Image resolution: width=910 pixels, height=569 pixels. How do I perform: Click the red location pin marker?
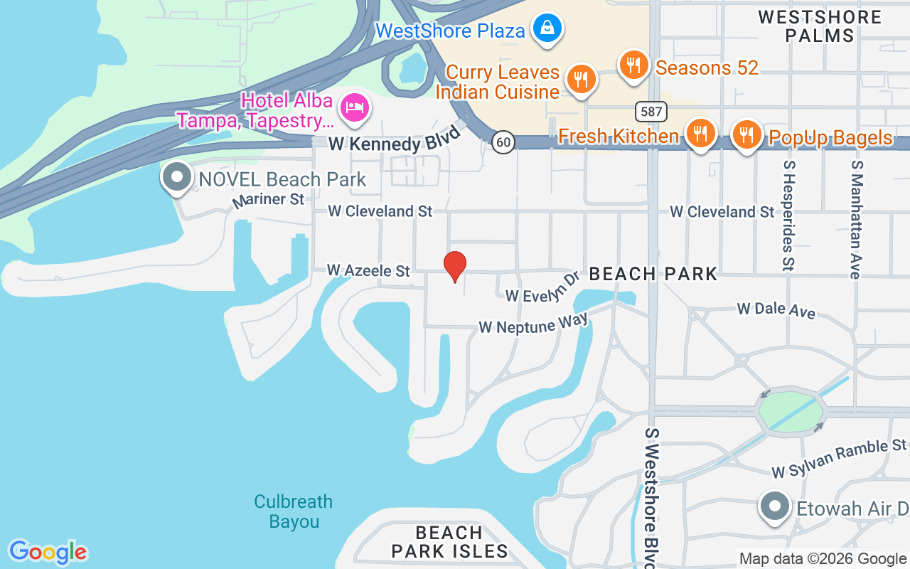[x=455, y=266]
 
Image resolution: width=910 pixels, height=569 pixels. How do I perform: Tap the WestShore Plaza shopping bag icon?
[x=547, y=28]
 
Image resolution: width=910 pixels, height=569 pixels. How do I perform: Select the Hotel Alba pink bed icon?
[x=353, y=107]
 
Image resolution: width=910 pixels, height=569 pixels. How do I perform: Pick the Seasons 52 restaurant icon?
[x=633, y=65]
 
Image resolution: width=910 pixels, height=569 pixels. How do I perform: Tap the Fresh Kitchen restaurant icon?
[x=700, y=133]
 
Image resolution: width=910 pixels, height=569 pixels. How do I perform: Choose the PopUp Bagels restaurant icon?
[x=746, y=133]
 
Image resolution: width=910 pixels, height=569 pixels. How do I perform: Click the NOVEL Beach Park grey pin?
[x=177, y=177]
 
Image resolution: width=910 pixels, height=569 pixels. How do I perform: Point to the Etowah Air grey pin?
[x=774, y=508]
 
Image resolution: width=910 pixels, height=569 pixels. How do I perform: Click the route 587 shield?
[x=650, y=111]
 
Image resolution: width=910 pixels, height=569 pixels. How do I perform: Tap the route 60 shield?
[x=503, y=142]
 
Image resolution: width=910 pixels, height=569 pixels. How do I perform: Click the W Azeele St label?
[x=368, y=270]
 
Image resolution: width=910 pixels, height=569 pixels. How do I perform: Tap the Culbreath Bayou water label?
[x=294, y=511]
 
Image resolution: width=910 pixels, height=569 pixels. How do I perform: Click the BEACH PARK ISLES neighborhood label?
[x=449, y=542]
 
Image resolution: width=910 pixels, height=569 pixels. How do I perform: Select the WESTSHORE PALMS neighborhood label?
[x=820, y=26]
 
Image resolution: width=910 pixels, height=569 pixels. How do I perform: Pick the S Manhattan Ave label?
[x=856, y=218]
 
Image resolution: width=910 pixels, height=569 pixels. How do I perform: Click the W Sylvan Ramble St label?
[x=839, y=459]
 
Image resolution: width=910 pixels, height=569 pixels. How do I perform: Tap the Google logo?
[x=48, y=552]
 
